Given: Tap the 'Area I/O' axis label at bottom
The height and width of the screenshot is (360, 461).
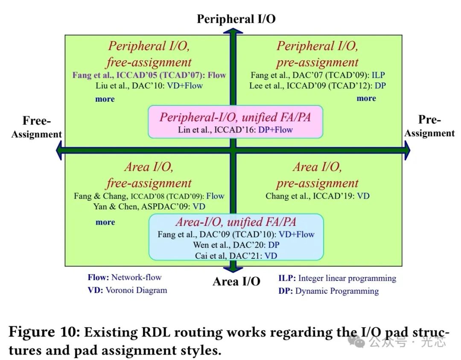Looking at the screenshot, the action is (x=236, y=281).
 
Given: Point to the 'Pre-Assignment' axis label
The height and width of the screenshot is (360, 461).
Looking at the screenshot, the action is (x=429, y=126).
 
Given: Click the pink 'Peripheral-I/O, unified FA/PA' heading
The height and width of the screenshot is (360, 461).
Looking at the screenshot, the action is (x=235, y=117).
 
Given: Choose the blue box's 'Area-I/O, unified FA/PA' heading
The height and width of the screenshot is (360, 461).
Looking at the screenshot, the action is (x=236, y=222).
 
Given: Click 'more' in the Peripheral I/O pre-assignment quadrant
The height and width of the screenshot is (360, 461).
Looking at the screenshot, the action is (x=366, y=98).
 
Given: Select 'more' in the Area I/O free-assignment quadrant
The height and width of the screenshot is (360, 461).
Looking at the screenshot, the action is (x=105, y=222).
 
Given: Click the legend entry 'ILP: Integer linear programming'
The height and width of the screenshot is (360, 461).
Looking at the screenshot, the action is (x=337, y=278).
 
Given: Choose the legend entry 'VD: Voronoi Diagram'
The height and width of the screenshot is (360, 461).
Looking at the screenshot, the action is (x=127, y=290).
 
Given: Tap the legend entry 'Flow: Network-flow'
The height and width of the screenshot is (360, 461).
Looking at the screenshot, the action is (x=125, y=278).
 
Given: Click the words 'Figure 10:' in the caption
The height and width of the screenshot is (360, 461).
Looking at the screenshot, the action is (x=44, y=332).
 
